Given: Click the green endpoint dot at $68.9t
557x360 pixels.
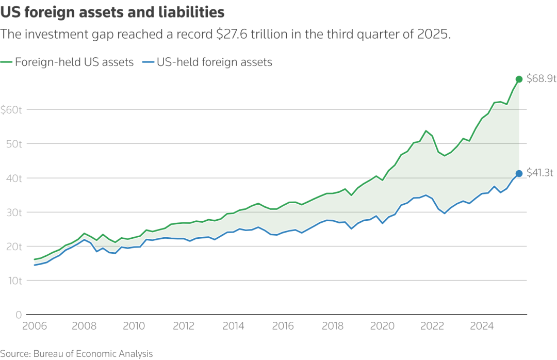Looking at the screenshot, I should click(x=519, y=79).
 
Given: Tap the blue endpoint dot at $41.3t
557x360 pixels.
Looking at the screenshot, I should click(x=519, y=173).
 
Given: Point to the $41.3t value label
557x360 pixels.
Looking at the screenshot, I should click(x=540, y=173).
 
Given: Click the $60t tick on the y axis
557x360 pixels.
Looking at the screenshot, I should click(x=11, y=109).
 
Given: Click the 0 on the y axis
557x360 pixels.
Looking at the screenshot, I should click(x=18, y=315).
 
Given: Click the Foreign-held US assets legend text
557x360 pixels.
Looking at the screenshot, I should click(x=74, y=62).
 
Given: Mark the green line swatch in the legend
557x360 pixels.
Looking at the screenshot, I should click(x=7, y=63).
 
